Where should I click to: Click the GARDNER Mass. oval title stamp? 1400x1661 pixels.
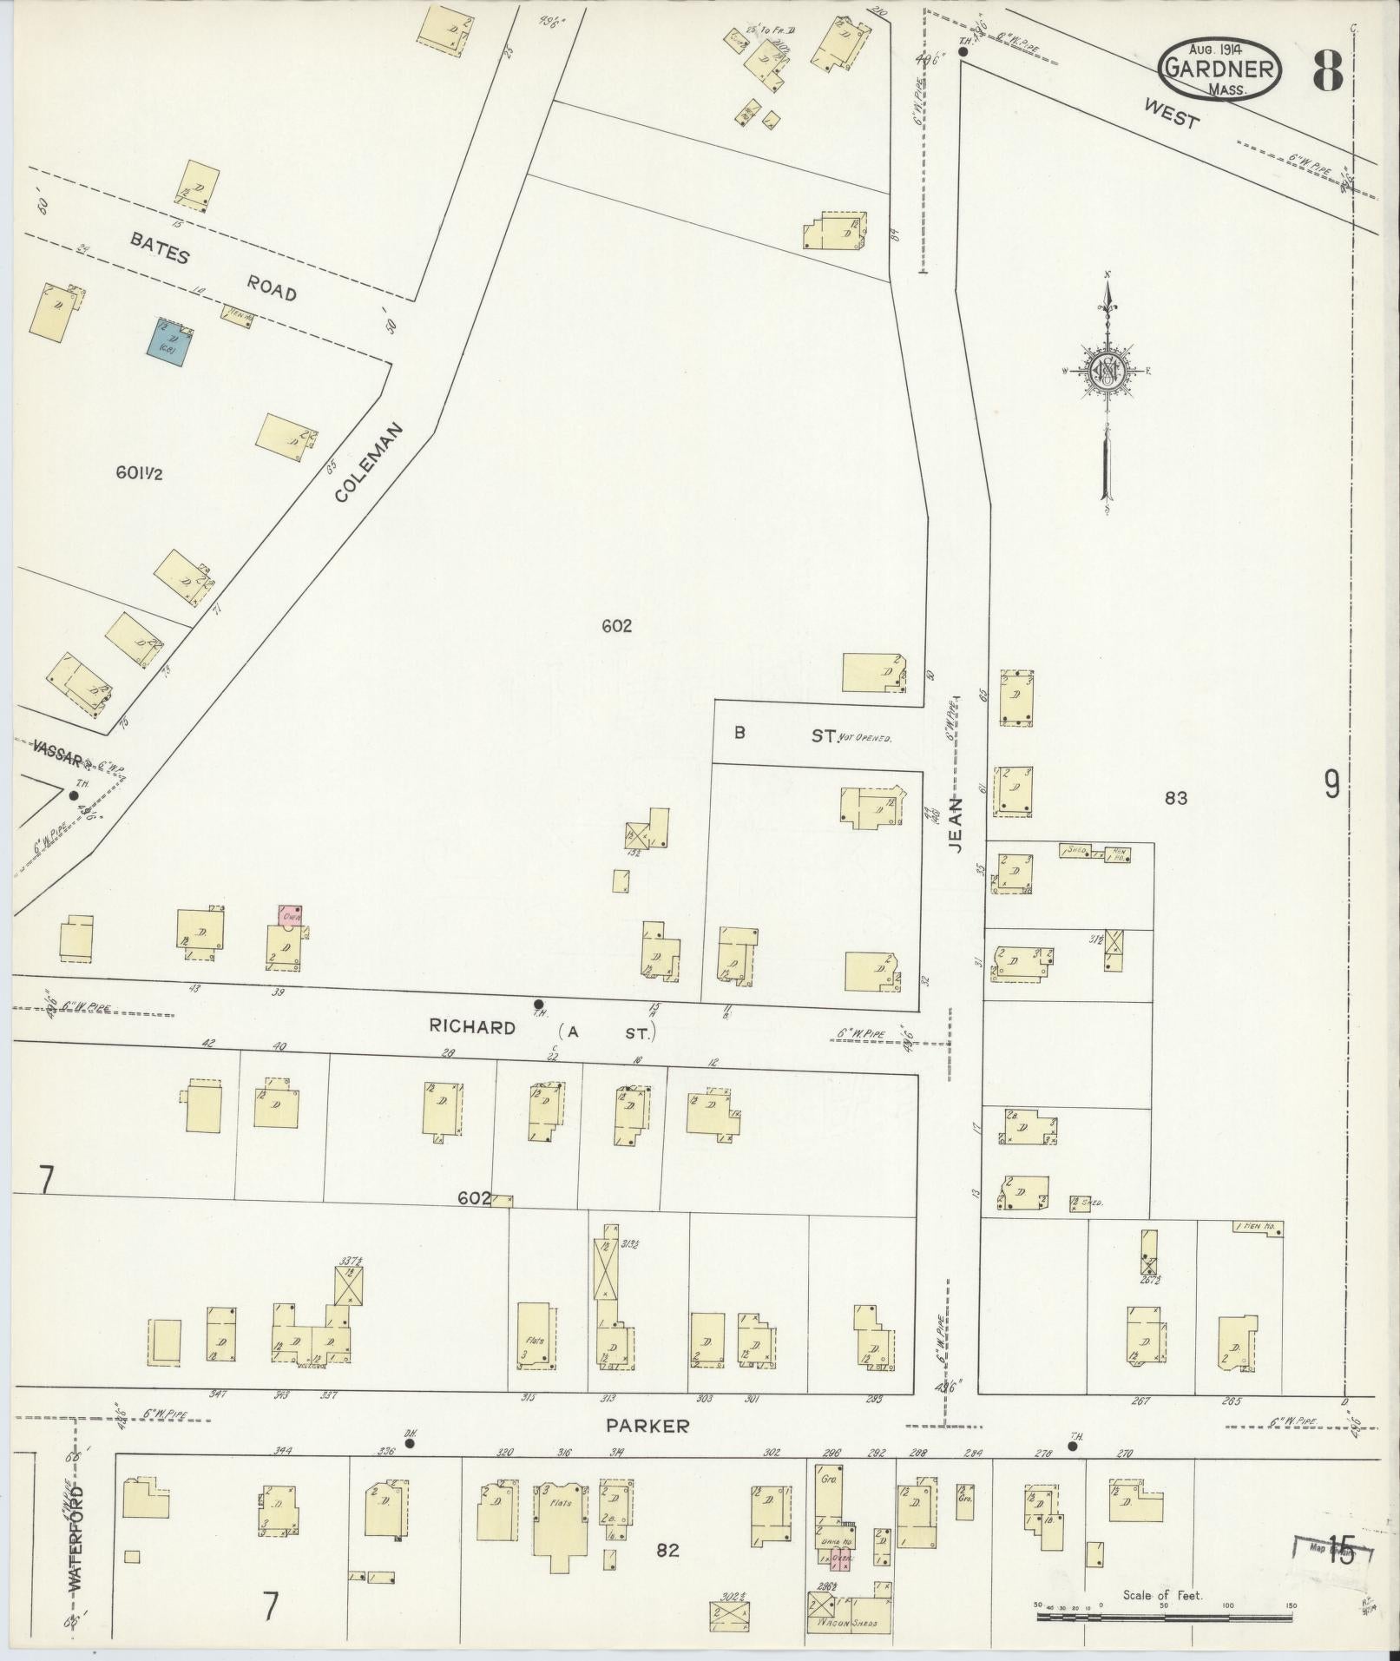[1219, 68]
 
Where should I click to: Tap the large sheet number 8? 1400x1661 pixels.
[1327, 71]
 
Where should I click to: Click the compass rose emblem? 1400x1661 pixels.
[1107, 370]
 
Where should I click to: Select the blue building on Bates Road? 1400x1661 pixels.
[168, 341]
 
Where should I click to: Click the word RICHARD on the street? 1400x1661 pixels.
[472, 1027]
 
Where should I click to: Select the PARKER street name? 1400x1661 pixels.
[647, 1426]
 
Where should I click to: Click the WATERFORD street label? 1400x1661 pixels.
[76, 1539]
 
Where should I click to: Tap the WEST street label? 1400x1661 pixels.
[1171, 113]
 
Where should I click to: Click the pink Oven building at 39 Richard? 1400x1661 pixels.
[289, 915]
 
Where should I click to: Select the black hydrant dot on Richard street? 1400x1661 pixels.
[538, 1004]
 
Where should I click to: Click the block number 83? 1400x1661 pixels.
[1176, 798]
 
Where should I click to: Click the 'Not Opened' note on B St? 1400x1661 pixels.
[865, 737]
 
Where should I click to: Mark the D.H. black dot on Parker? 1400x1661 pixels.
[410, 1445]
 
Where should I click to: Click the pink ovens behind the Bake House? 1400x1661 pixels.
[837, 1560]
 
